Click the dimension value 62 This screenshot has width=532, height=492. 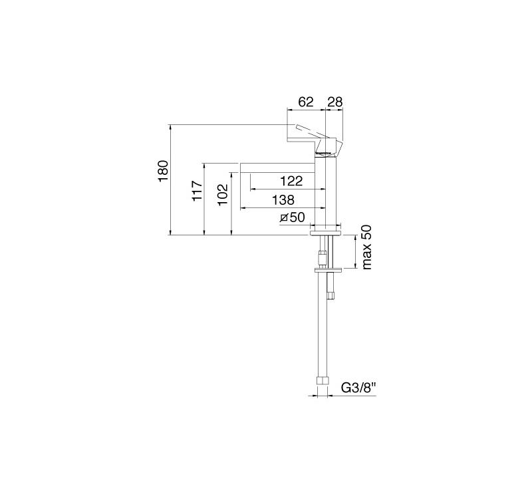pyautogui.click(x=306, y=102)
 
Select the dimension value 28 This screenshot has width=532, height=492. pyautogui.click(x=335, y=102)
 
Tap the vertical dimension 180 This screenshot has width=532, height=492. pyautogui.click(x=163, y=171)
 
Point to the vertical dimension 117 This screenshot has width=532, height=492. pyautogui.click(x=197, y=191)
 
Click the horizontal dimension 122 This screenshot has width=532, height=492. pyautogui.click(x=291, y=181)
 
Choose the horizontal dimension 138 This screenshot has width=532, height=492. pyautogui.click(x=283, y=200)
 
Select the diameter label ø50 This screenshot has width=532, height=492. pyautogui.click(x=293, y=217)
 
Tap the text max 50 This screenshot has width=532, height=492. pyautogui.click(x=367, y=247)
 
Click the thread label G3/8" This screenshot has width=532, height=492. pyautogui.click(x=359, y=387)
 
